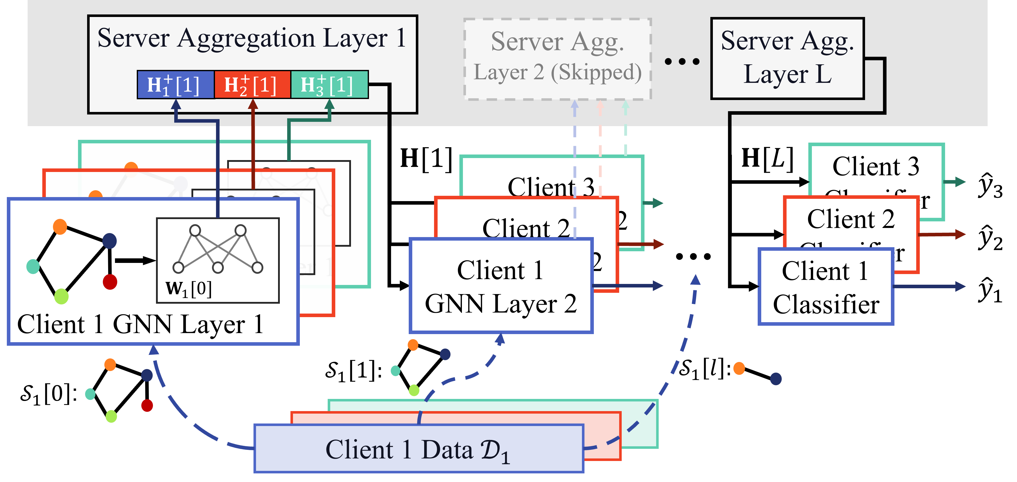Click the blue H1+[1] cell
[175, 85]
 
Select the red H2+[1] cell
[252, 85]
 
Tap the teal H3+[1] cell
[329, 85]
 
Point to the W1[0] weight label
[189, 289]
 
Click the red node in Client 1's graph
[110, 282]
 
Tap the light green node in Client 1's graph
[61, 296]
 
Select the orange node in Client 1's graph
[60, 227]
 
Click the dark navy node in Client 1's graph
[109, 240]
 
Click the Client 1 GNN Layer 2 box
[501, 286]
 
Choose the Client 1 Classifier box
[826, 287]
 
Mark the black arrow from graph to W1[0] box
[134, 261]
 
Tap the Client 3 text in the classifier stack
[876, 166]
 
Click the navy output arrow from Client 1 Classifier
[928, 286]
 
